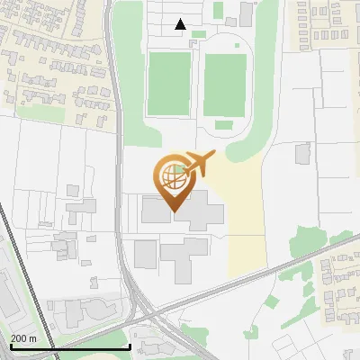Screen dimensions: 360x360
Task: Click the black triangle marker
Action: [181, 24]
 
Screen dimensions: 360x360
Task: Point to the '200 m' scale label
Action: [23, 338]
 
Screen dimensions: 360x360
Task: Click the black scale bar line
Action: [69, 346]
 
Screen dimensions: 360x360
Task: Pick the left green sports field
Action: [169, 84]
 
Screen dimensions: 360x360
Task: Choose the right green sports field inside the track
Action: [225, 85]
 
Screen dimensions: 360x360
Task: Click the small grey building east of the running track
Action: [302, 153]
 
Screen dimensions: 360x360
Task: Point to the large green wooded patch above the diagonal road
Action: [306, 240]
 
